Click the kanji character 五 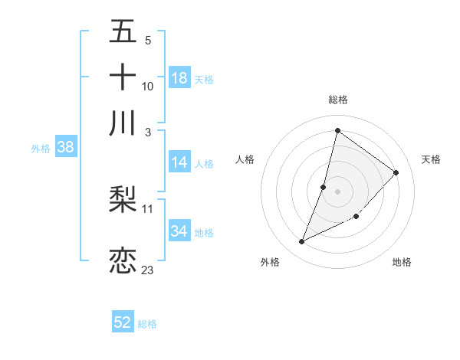123,33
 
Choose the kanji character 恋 123,260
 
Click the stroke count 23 147,270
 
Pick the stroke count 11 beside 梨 148,208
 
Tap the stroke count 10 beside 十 148,86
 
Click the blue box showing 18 179,78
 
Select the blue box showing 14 179,162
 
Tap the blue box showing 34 179,231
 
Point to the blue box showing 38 65,148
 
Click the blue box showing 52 123,322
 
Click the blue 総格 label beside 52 147,324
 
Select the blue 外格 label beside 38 40,149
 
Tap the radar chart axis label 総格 337,100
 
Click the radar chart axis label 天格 432,159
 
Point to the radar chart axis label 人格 245,159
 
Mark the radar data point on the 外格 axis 302,242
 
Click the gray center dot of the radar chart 337,191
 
